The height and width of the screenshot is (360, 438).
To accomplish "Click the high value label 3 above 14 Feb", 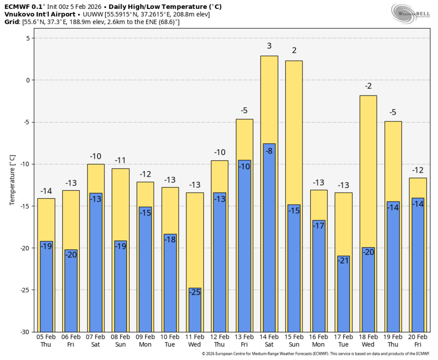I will pyautogui.click(x=269, y=46).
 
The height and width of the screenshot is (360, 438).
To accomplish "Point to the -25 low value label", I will pyautogui.click(x=194, y=292).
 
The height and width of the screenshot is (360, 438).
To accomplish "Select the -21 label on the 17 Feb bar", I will pyautogui.click(x=343, y=260).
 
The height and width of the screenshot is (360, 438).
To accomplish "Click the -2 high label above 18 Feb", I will pyautogui.click(x=368, y=86).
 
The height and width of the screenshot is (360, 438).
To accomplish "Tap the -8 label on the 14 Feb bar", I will pyautogui.click(x=269, y=151).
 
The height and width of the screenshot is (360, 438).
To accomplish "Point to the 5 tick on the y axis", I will pyautogui.click(x=28, y=38).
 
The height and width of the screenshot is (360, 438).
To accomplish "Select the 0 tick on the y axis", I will pyautogui.click(x=28, y=80).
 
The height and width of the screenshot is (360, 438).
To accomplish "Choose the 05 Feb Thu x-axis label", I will pyautogui.click(x=46, y=340).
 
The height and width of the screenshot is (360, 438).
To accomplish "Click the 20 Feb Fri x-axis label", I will pyautogui.click(x=417, y=340).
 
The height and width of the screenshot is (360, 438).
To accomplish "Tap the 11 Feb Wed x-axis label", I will pyautogui.click(x=194, y=340).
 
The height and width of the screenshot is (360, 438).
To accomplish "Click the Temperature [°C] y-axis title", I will pyautogui.click(x=13, y=180).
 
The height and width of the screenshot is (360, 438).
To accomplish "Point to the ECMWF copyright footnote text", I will pyautogui.click(x=316, y=354).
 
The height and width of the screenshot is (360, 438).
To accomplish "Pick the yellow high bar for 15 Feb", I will pyautogui.click(x=294, y=131).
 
